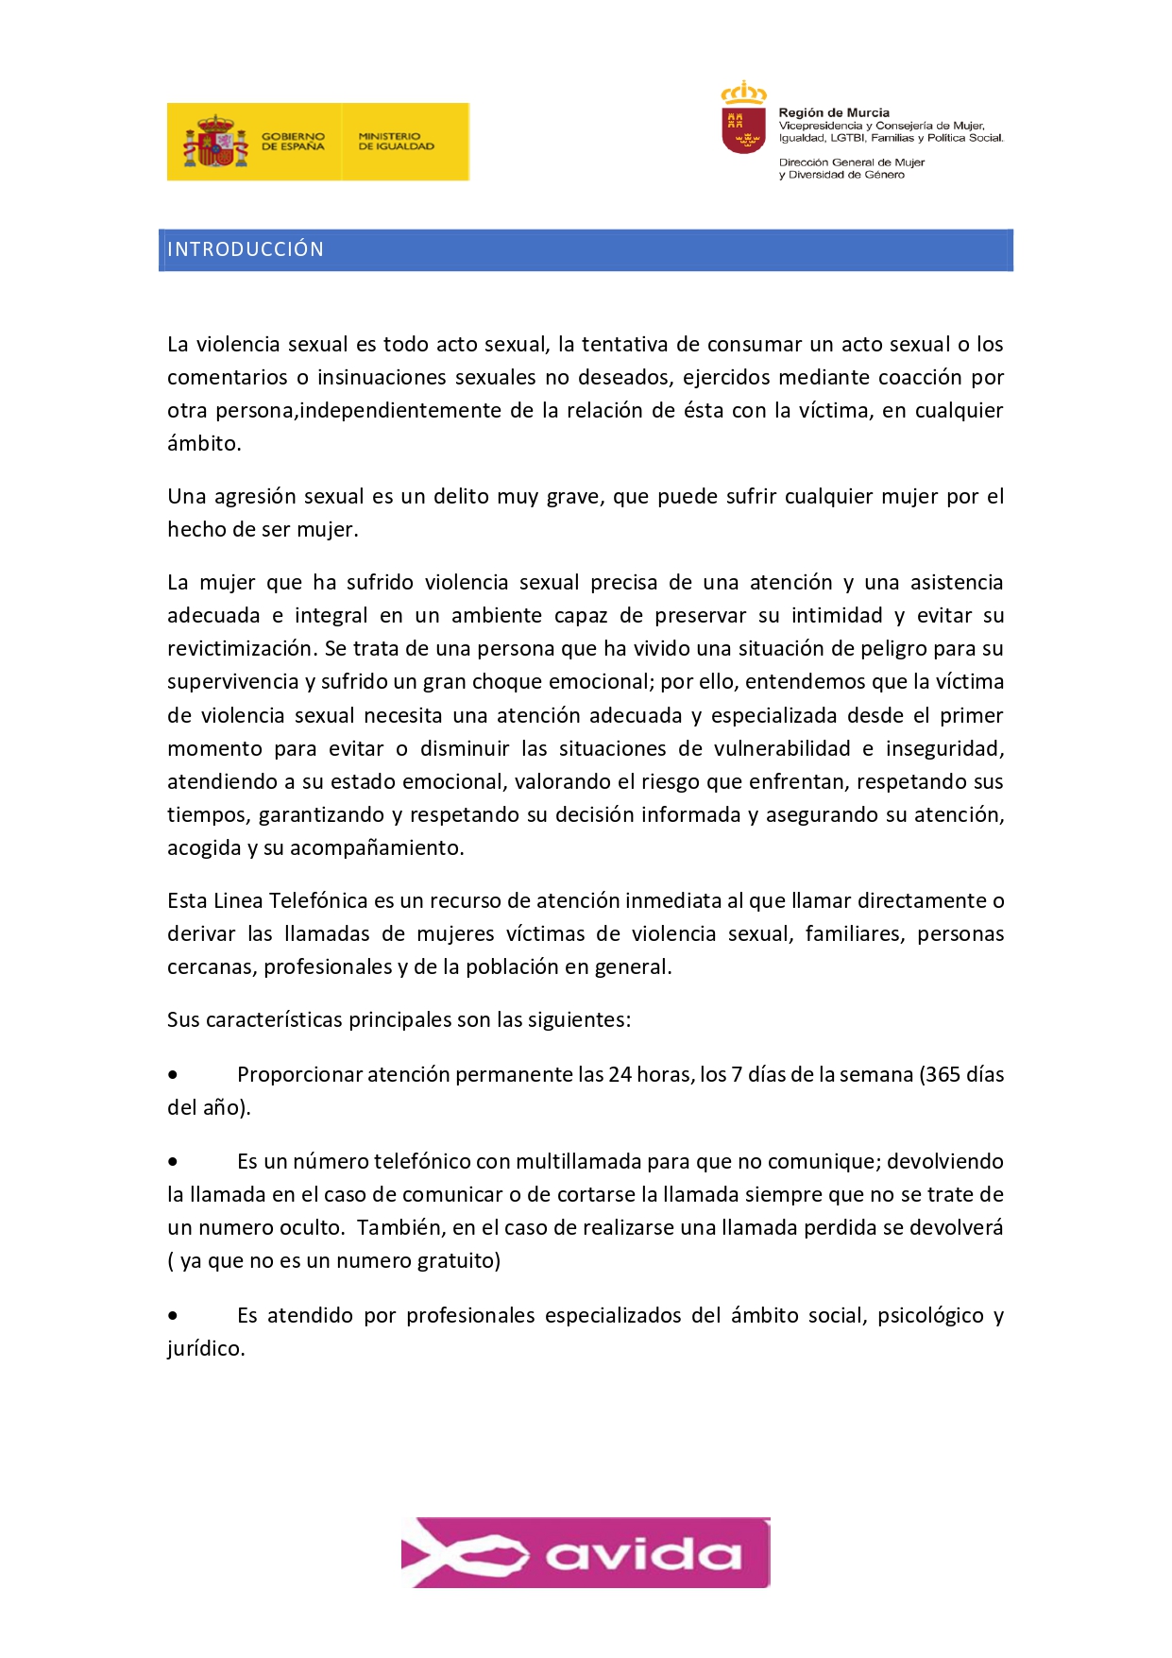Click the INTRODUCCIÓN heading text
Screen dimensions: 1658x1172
246,249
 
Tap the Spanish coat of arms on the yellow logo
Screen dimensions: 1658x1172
216,142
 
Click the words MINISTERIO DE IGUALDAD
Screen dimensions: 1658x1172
396,142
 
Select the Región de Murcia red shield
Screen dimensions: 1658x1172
744,128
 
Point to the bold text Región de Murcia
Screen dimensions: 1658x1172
834,112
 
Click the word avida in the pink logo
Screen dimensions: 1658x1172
643,1554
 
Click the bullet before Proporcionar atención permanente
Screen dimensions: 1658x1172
173,1075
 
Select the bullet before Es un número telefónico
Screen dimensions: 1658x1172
173,1162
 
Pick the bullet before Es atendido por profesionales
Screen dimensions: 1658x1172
173,1316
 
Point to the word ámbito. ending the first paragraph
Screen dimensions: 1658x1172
204,444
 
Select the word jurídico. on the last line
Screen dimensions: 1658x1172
206,1349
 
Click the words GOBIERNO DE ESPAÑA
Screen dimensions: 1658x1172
293,142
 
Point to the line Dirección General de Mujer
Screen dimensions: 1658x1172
852,162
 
